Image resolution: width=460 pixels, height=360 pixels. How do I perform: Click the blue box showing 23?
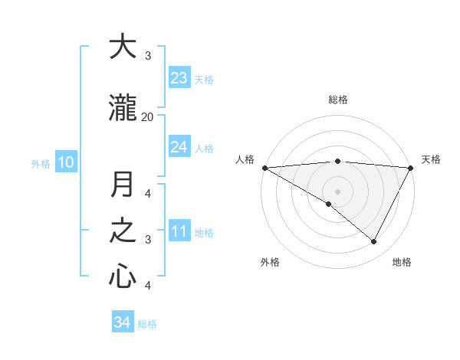click(179, 78)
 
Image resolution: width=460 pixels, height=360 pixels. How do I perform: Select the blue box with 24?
click(179, 147)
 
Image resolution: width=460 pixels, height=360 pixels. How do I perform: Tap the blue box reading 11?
click(179, 232)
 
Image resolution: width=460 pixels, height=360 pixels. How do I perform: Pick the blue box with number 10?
click(65, 162)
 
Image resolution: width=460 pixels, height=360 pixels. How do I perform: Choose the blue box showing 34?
click(123, 322)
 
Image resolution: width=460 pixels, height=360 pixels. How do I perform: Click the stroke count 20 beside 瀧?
click(147, 116)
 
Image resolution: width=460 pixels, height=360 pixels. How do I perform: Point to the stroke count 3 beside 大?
click(148, 55)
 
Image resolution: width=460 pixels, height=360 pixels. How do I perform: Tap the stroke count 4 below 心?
click(148, 286)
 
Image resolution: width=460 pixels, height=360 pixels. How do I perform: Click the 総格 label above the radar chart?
click(338, 100)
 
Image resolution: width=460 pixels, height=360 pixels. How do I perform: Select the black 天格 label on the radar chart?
click(432, 159)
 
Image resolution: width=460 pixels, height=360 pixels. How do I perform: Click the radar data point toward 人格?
click(264, 167)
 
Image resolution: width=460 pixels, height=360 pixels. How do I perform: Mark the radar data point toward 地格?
click(374, 242)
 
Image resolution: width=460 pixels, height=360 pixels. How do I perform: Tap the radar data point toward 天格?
click(411, 168)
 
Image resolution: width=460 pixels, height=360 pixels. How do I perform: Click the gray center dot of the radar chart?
click(337, 191)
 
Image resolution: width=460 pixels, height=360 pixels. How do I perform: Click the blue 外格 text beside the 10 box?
click(40, 163)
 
